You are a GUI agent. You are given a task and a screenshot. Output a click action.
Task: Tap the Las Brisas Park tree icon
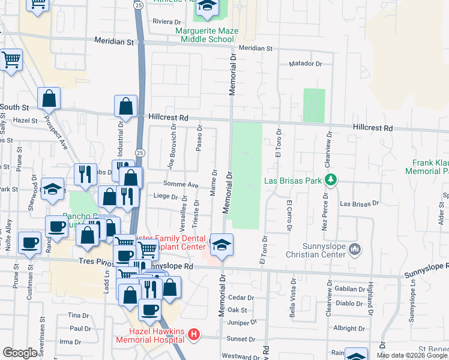(330, 179)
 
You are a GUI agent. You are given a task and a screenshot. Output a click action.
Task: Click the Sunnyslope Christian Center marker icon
(355, 248)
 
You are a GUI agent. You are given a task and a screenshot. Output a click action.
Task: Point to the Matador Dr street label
(306, 63)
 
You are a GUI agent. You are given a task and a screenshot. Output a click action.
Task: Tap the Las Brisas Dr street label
(360, 204)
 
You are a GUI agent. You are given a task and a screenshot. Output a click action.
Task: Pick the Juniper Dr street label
(243, 322)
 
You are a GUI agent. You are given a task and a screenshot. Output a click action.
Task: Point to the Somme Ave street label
(181, 185)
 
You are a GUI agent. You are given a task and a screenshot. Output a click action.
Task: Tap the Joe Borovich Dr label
(173, 148)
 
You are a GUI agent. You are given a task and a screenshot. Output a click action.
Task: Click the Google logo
(20, 353)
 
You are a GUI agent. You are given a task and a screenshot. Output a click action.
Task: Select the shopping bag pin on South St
(49, 98)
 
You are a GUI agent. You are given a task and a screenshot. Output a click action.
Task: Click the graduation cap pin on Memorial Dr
(221, 245)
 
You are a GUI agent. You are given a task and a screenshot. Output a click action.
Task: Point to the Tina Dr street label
(74, 315)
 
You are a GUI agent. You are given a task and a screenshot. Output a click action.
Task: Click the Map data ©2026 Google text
(411, 355)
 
